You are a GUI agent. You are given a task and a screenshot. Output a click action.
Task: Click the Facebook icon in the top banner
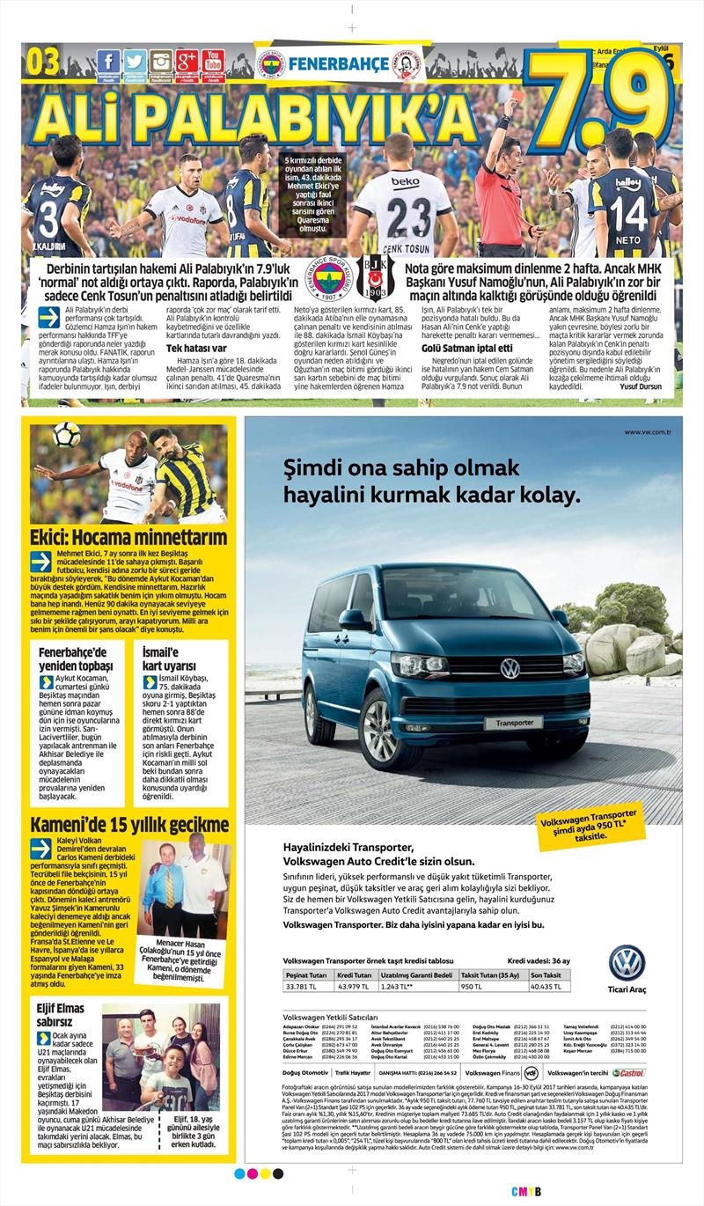108,62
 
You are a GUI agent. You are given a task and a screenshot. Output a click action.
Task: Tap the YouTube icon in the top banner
212,62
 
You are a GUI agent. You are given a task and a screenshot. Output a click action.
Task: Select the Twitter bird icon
135,62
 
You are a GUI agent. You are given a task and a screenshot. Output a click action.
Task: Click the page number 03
44,62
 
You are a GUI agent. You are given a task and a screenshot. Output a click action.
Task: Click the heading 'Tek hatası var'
197,348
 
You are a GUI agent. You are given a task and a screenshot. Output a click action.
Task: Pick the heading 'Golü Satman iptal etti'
456,348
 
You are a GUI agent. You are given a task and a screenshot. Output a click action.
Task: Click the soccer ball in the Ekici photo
66,434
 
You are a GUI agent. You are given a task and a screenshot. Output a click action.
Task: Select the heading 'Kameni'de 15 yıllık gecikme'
128,825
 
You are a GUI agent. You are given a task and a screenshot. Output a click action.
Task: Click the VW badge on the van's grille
510,668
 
